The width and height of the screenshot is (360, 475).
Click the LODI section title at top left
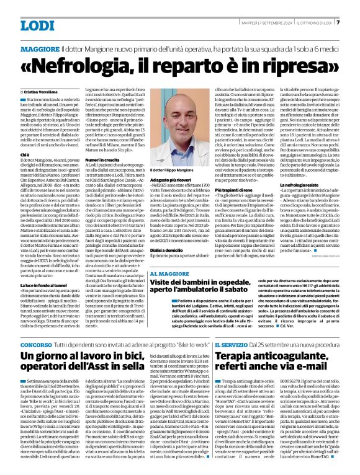click(38, 25)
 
